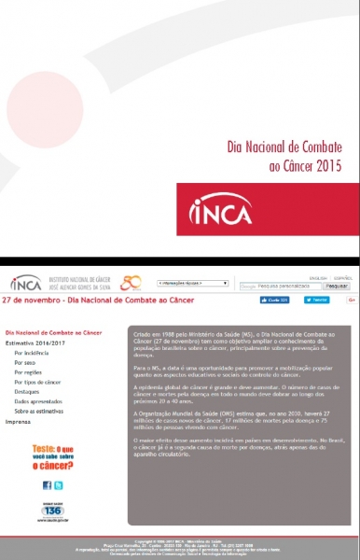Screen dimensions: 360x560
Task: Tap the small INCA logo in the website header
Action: pyautogui.click(x=25, y=283)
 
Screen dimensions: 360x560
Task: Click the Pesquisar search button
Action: pyautogui.click(x=337, y=286)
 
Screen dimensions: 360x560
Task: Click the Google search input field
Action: pyautogui.click(x=280, y=286)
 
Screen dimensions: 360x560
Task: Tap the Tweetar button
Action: pyautogui.click(x=316, y=301)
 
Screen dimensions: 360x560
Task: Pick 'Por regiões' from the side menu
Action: pyautogui.click(x=29, y=372)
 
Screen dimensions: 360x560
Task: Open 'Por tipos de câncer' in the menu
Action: pyautogui.click(x=37, y=382)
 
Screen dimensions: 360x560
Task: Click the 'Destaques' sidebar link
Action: pyautogui.click(x=28, y=391)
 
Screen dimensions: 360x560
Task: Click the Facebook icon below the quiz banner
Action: pyautogui.click(x=47, y=485)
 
